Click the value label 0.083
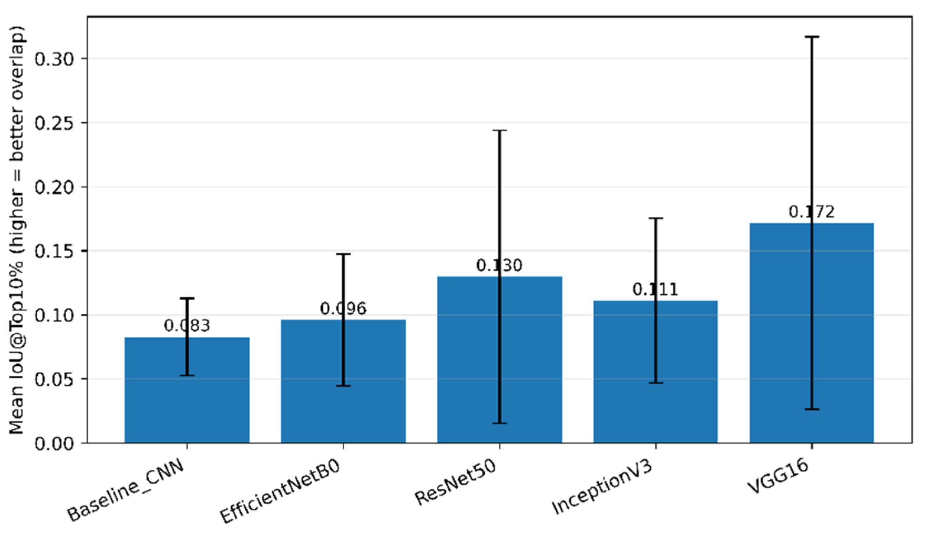coord(187,326)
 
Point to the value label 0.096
coord(343,308)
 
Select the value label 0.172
coord(812,212)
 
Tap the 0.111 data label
coord(655,289)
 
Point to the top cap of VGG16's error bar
coord(812,37)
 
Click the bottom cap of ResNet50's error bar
coord(500,423)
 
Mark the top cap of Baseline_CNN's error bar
coord(187,298)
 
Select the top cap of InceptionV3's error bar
coord(655,218)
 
